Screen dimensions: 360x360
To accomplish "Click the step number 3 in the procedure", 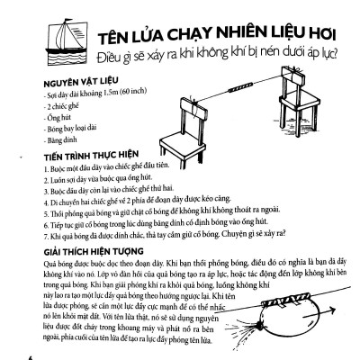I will point(46,192).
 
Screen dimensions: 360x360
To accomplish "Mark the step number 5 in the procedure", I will point(46,217).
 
